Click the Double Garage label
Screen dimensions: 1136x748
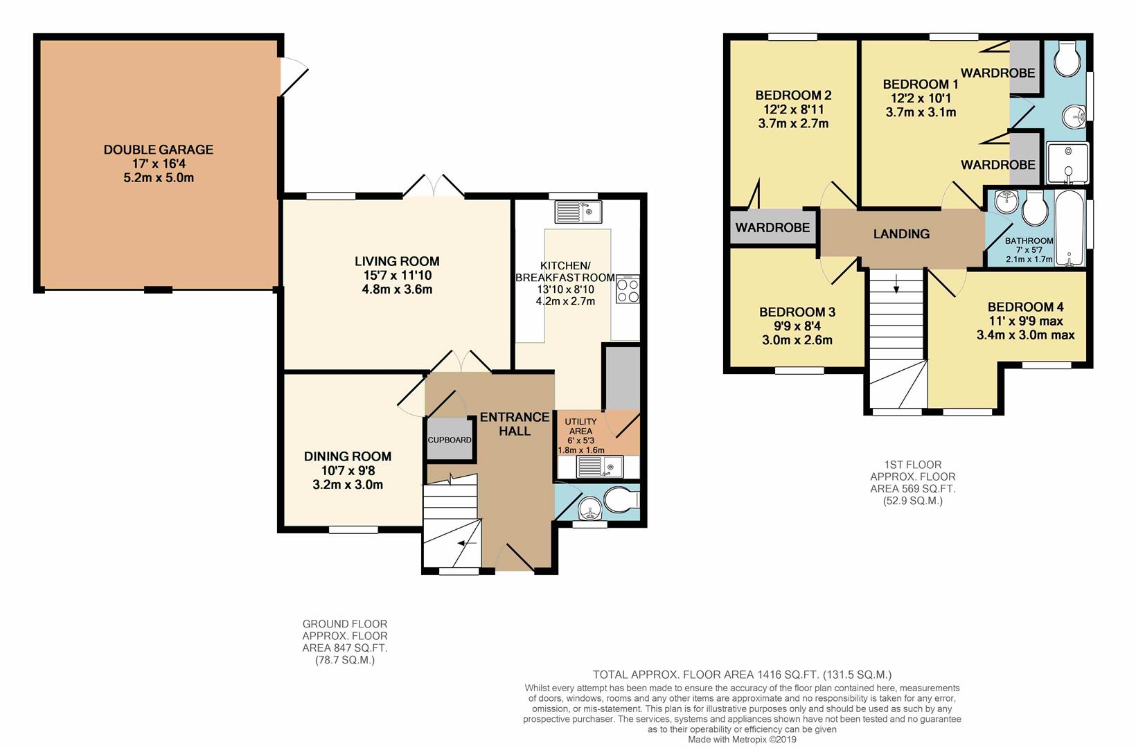pyautogui.click(x=158, y=150)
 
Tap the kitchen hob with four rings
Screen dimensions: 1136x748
pyautogui.click(x=628, y=290)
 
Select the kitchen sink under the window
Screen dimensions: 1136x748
pyautogui.click(x=578, y=212)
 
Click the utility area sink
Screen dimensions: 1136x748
pyautogui.click(x=599, y=467)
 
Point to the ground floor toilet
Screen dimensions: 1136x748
pyautogui.click(x=622, y=500)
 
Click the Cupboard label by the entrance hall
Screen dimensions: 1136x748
pyautogui.click(x=450, y=440)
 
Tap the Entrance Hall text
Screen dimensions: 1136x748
pyautogui.click(x=515, y=424)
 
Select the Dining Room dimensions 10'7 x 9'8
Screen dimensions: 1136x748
pyautogui.click(x=348, y=470)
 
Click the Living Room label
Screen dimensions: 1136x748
pyautogui.click(x=397, y=262)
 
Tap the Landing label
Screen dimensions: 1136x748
pyautogui.click(x=901, y=234)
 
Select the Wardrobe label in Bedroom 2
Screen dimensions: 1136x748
pyautogui.click(x=772, y=228)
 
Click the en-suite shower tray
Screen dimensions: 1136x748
pyautogui.click(x=1067, y=163)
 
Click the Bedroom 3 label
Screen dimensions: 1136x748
pyautogui.click(x=797, y=312)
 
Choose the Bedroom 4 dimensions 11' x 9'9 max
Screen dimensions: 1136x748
pyautogui.click(x=1025, y=321)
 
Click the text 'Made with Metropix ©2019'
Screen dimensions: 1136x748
pyautogui.click(x=742, y=740)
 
